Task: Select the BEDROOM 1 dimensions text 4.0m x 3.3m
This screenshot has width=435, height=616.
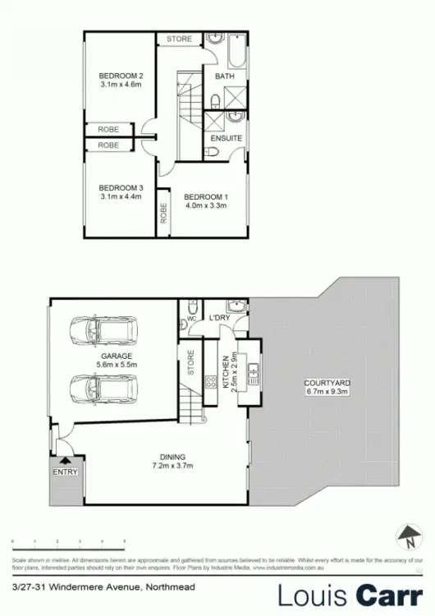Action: tap(206, 206)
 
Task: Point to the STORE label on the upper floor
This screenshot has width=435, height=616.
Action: tap(180, 39)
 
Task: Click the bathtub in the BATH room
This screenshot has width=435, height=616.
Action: tap(236, 51)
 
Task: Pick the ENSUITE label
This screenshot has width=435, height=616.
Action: tap(226, 139)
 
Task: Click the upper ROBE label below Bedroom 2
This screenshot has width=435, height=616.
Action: tap(108, 130)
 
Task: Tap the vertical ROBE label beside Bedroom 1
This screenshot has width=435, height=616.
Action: tap(163, 214)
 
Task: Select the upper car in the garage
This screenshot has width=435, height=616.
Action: tap(103, 332)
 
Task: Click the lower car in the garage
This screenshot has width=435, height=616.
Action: tap(103, 386)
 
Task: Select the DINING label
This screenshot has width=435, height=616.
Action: tap(174, 457)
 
